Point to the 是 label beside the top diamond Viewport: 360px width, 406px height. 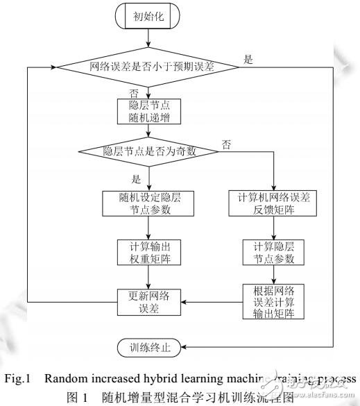pos(249,59)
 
